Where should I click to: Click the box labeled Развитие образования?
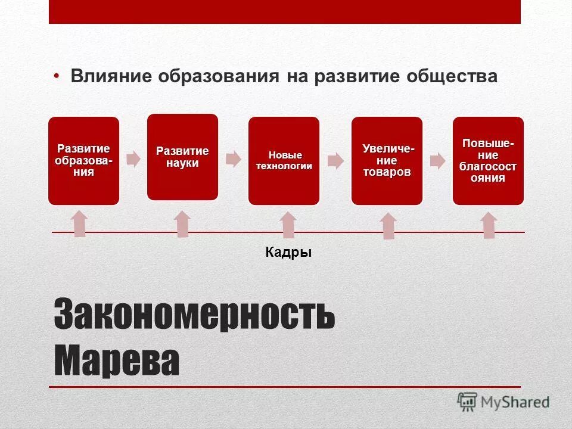(83, 161)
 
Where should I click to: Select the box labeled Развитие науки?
(182, 157)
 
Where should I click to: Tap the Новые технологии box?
(284, 161)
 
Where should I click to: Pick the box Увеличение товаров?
(387, 161)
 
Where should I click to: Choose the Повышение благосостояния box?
(488, 161)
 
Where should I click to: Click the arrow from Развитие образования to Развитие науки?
(133, 159)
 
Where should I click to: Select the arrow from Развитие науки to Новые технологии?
(233, 158)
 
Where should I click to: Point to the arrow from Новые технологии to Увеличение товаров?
(335, 160)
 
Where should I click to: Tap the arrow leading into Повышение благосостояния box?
(438, 160)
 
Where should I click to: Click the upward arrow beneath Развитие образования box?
(80, 223)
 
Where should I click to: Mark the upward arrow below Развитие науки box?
(182, 224)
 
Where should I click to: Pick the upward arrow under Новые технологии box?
(288, 225)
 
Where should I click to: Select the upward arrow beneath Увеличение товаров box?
(388, 226)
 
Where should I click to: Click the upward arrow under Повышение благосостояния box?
(489, 226)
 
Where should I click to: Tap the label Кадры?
(288, 253)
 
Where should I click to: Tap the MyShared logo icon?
(468, 402)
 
